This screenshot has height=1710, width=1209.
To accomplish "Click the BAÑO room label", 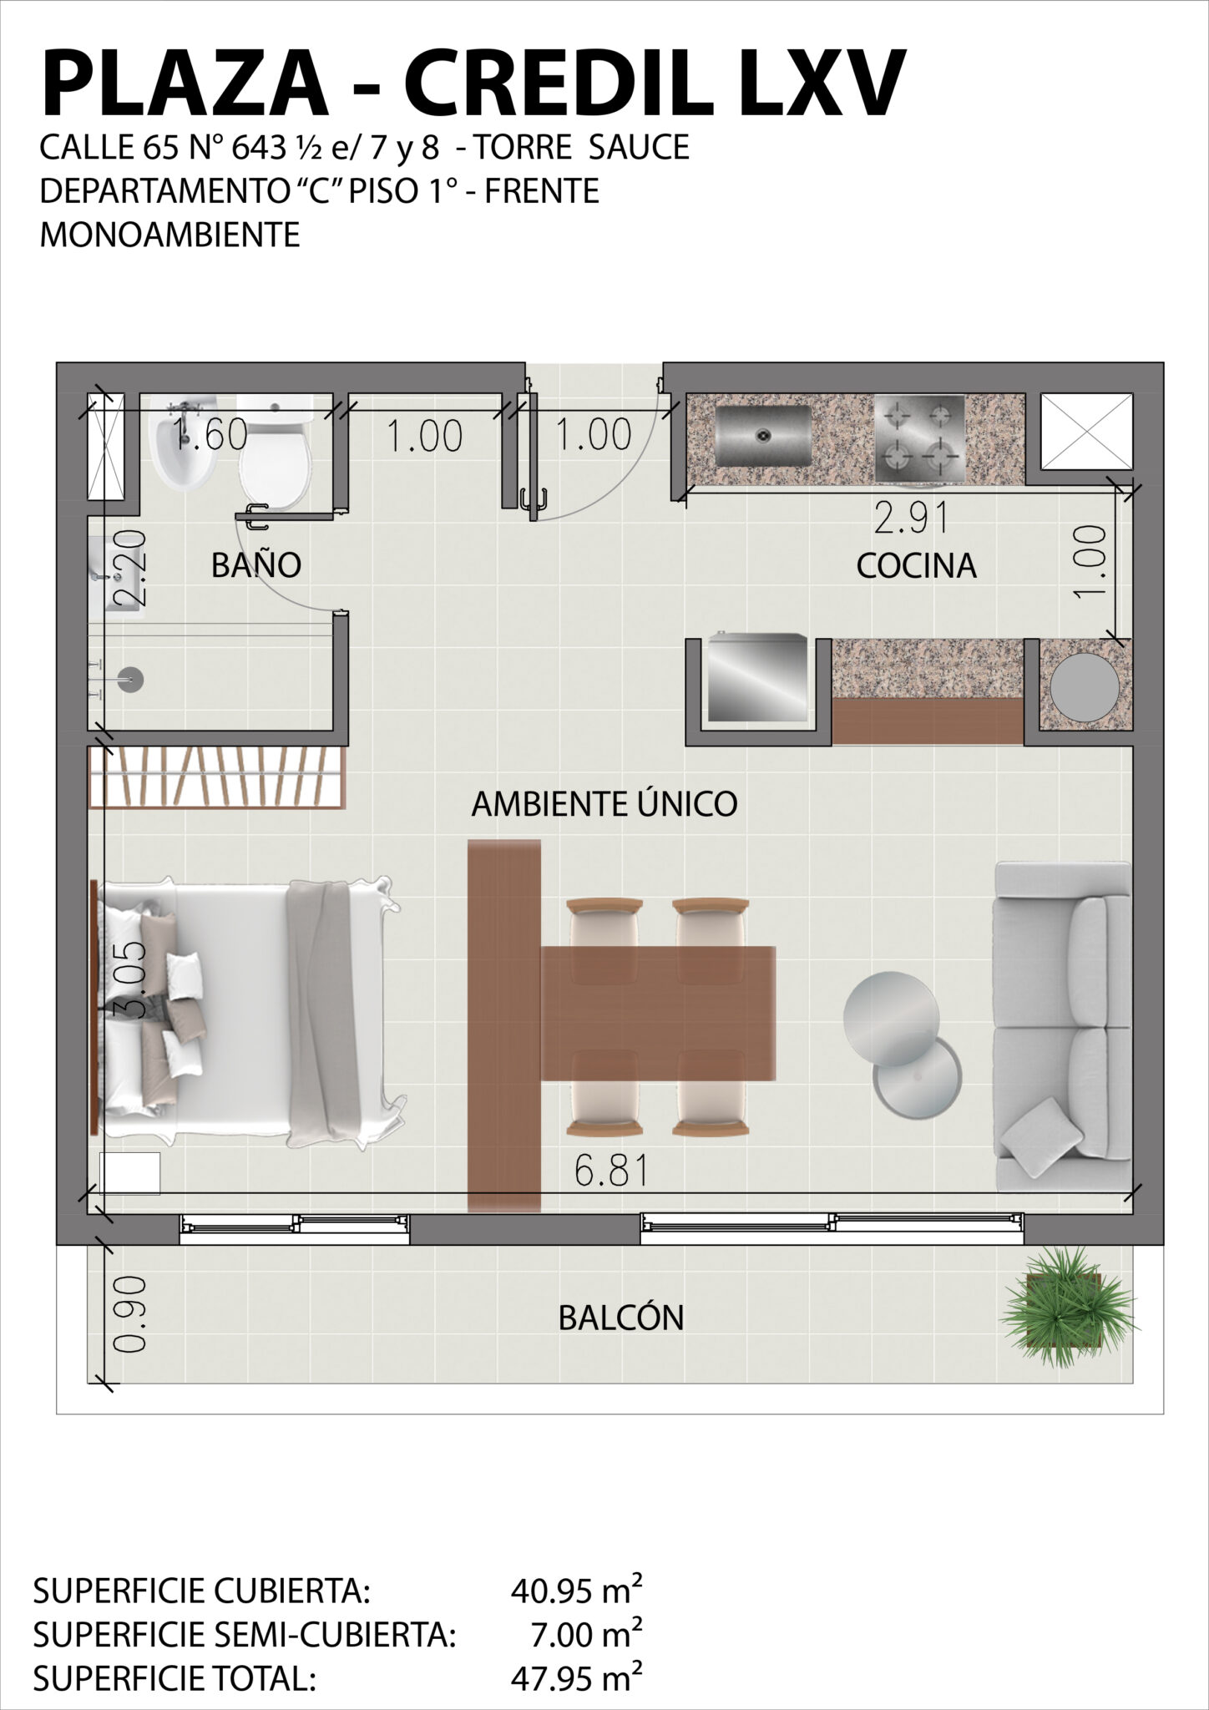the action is [x=255, y=565].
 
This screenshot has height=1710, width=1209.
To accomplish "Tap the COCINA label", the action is [x=916, y=566].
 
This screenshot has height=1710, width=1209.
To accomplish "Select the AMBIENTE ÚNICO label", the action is [x=604, y=803].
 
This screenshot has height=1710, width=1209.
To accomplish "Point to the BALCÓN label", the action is [x=621, y=1318].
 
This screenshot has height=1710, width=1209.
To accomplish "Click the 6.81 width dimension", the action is [x=611, y=1171].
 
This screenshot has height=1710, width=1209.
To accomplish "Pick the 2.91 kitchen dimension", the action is [x=912, y=519].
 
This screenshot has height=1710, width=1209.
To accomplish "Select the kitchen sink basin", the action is [x=763, y=435].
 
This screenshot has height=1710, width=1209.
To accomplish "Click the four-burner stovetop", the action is [x=919, y=438].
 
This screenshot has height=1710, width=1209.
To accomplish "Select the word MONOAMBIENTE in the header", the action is [x=169, y=235].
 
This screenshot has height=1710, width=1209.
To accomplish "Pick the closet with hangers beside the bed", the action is [x=217, y=777].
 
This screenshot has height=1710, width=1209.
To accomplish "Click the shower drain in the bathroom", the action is [x=130, y=680].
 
